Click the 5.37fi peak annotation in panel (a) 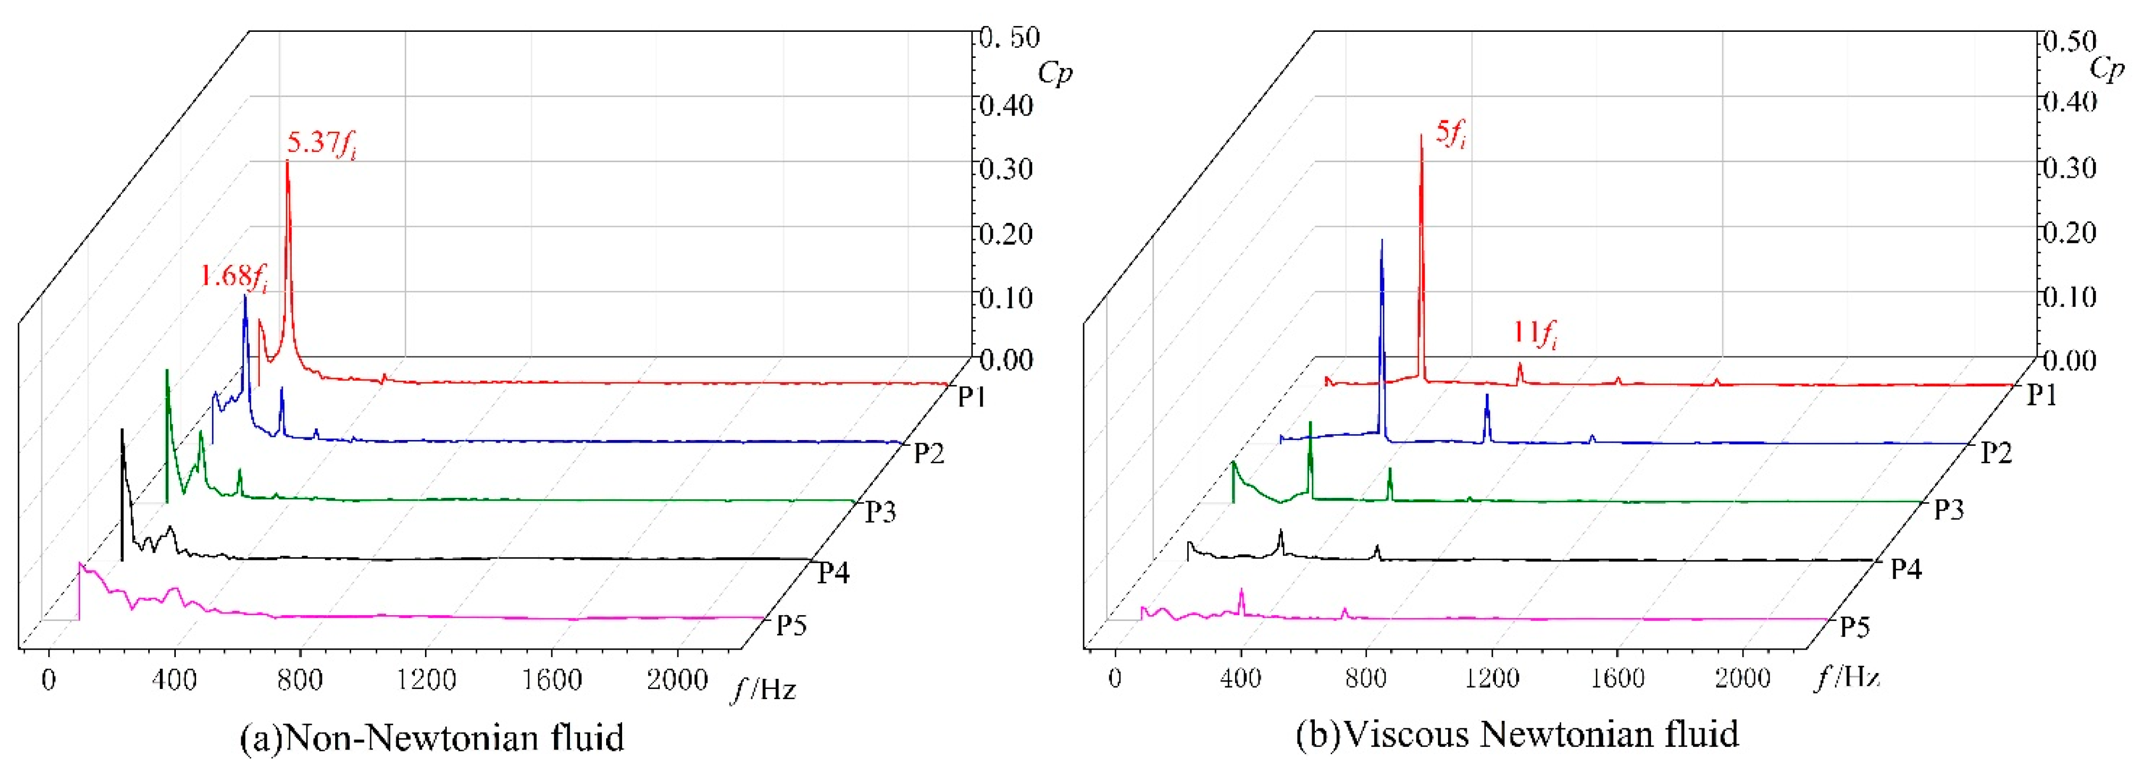tap(321, 143)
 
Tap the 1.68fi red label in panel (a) tap(234, 276)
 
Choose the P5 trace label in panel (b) tap(1855, 627)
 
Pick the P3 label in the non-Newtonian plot tap(880, 512)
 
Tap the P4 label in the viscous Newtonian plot tap(1906, 569)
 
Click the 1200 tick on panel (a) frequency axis tap(426, 680)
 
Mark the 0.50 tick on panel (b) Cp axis tap(2068, 41)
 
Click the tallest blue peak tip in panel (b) tap(1382, 241)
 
